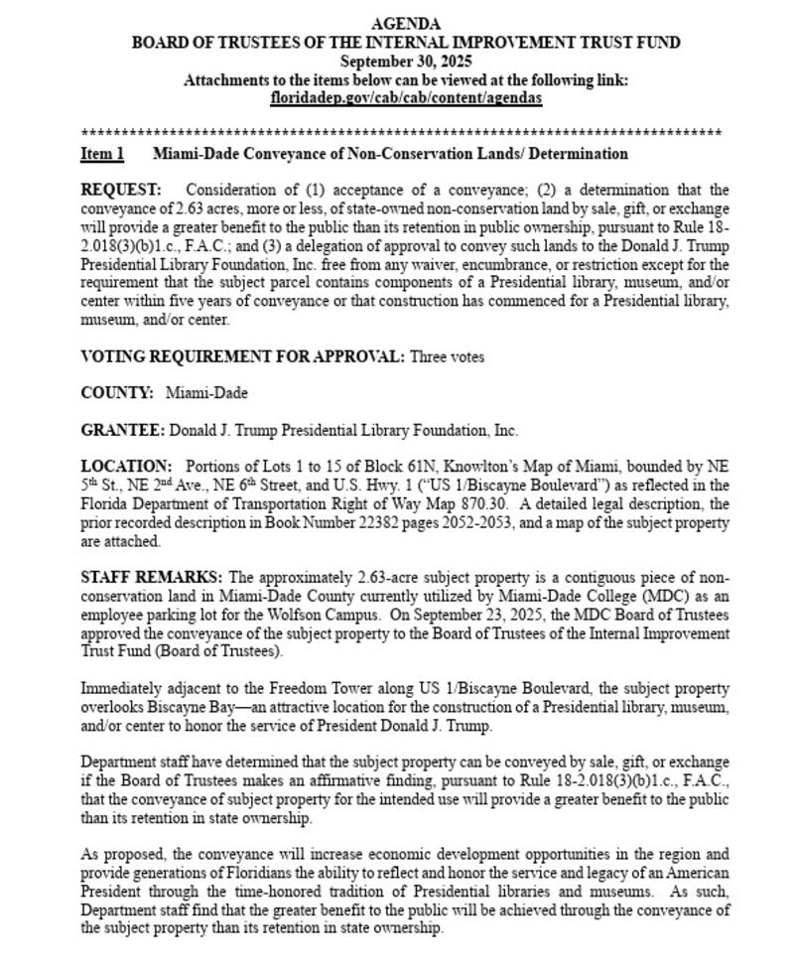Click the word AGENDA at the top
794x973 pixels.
click(x=406, y=24)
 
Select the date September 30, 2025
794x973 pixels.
click(x=406, y=62)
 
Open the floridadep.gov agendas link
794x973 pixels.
click(x=406, y=99)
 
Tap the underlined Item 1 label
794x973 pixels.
click(x=102, y=154)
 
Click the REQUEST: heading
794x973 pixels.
click(x=120, y=190)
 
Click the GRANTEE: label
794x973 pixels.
click(x=122, y=431)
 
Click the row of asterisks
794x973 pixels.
click(x=401, y=132)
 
